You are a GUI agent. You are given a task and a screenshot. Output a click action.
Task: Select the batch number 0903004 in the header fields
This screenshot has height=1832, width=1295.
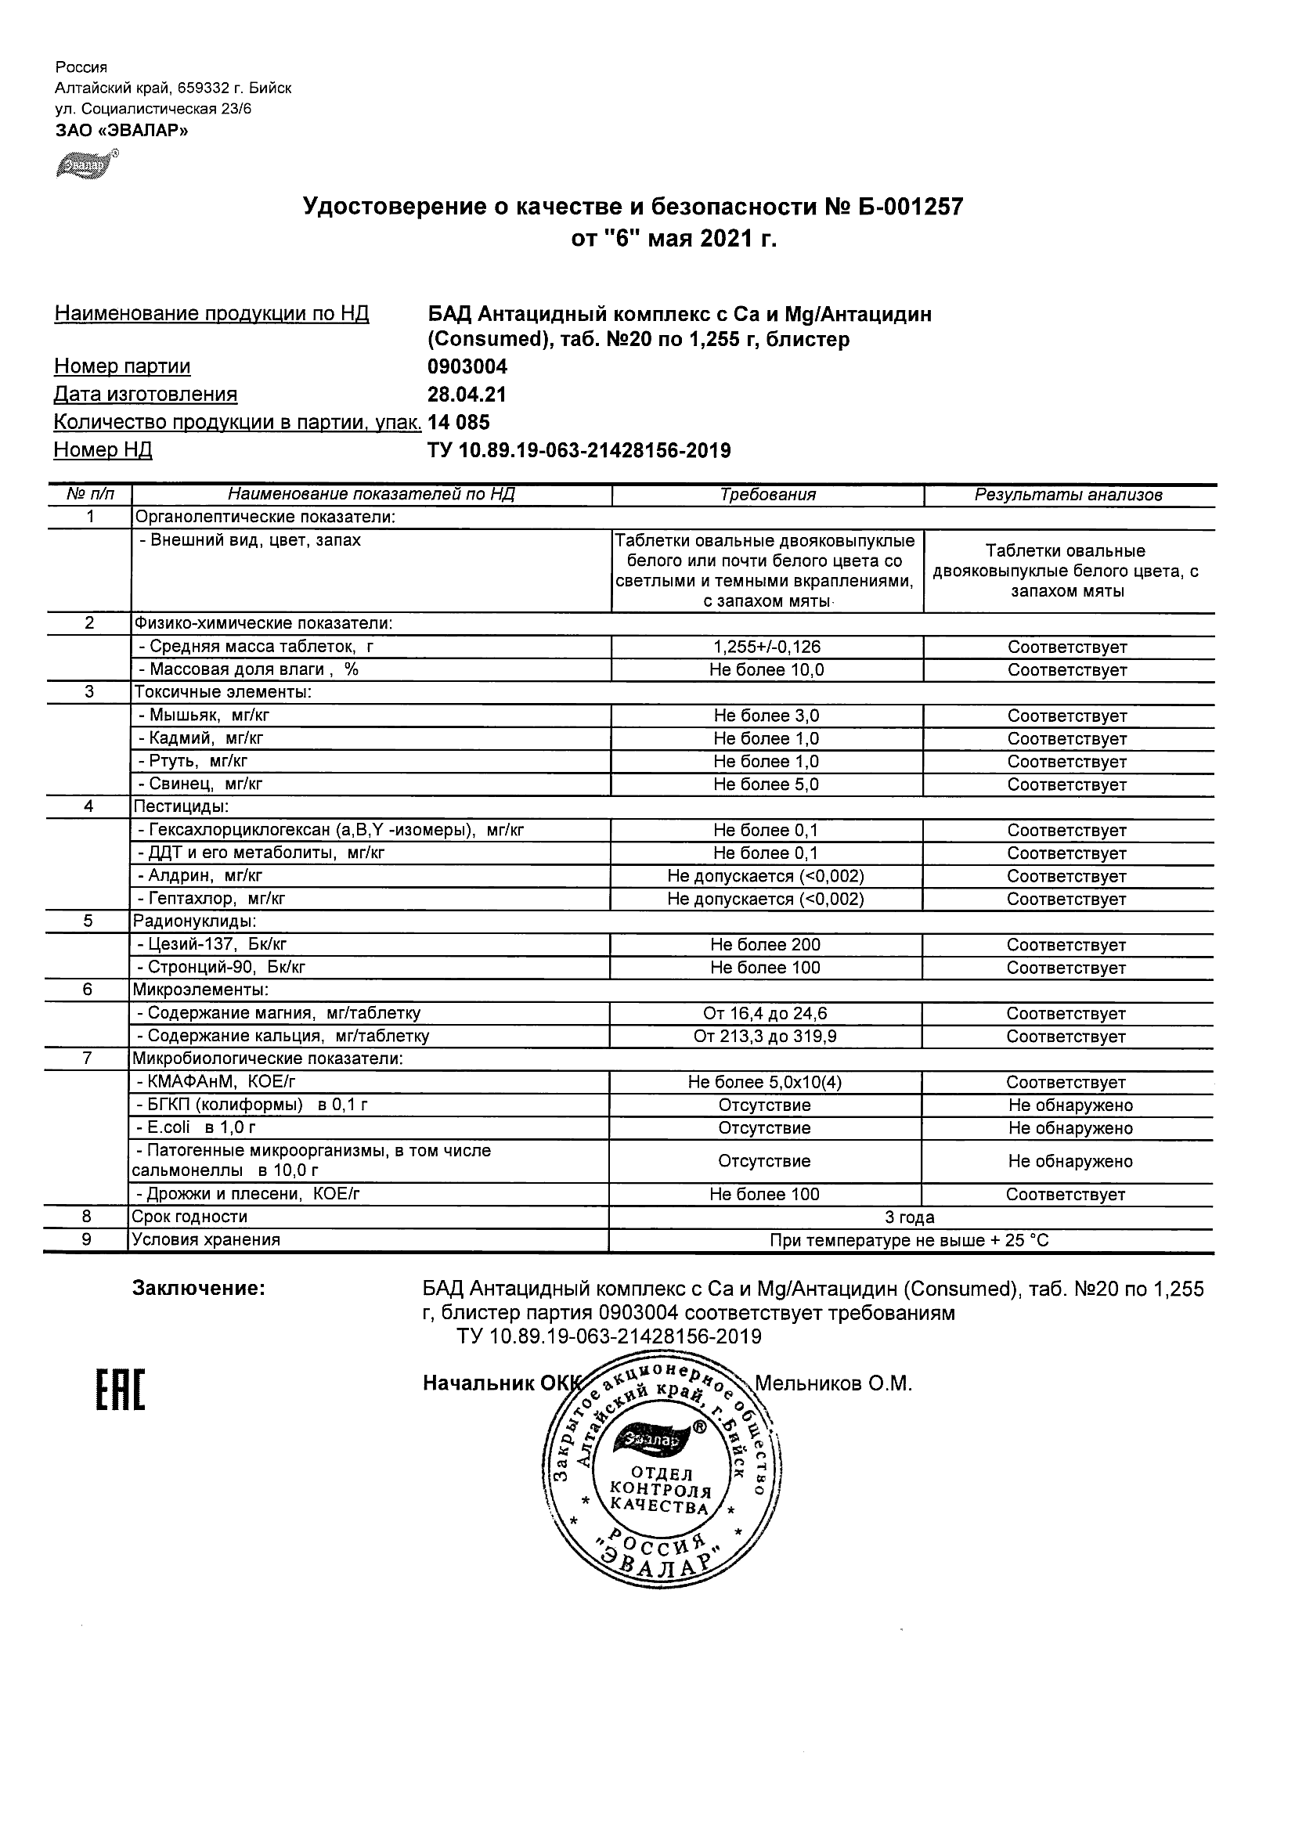coord(467,366)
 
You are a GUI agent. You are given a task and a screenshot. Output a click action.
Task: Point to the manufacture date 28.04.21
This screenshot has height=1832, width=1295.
coord(467,394)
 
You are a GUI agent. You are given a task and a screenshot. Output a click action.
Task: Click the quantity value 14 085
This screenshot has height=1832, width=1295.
coord(459,422)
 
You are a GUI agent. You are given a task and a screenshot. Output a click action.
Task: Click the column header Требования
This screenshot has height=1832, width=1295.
coord(767,495)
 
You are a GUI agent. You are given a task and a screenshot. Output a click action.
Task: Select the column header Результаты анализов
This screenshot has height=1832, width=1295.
coord(1069,495)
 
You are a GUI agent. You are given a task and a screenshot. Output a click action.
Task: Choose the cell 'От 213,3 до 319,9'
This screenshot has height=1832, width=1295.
coord(765,1037)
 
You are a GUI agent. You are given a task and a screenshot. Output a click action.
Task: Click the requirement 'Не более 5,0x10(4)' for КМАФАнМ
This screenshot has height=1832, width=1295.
coord(764,1083)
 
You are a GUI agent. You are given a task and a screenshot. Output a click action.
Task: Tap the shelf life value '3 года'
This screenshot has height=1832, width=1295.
coord(910,1217)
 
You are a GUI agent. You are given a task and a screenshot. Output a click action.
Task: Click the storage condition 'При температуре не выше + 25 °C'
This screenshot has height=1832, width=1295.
coord(910,1241)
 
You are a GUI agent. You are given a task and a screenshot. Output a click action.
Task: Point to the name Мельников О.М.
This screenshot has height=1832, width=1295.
coord(833,1383)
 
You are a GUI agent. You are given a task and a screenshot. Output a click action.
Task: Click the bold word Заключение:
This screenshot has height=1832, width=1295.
coord(199,1289)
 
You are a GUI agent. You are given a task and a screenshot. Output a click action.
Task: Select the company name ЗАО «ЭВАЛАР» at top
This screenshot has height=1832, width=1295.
coord(121,131)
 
